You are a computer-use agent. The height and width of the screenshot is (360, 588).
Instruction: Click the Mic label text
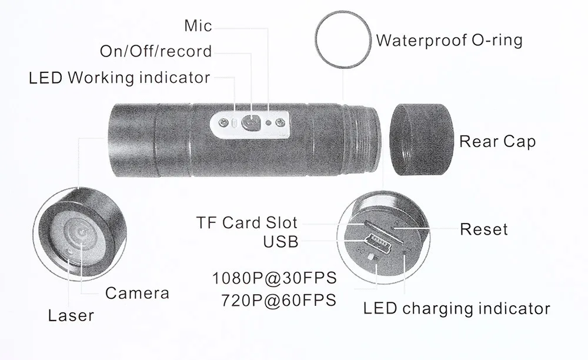click(x=198, y=25)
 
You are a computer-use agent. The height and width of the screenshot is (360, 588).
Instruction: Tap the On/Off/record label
click(x=156, y=51)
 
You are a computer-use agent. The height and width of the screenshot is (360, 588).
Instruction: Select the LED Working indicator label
click(x=119, y=77)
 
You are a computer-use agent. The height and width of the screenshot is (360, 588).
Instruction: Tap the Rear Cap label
click(x=497, y=142)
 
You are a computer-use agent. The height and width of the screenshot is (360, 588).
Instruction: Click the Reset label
click(x=483, y=229)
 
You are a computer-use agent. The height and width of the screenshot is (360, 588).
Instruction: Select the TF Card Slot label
click(x=247, y=223)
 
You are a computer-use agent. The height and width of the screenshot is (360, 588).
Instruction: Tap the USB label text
click(x=281, y=241)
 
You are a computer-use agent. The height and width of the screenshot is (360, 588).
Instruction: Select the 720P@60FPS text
click(x=279, y=300)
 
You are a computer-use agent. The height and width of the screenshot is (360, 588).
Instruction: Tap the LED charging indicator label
click(x=456, y=308)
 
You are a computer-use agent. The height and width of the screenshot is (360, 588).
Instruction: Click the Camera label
click(x=137, y=293)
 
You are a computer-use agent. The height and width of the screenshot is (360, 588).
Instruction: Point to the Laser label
click(x=71, y=316)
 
